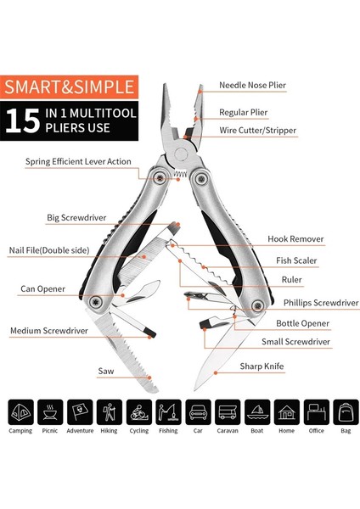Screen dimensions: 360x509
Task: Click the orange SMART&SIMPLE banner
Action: click(x=70, y=87)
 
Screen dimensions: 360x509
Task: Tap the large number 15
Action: click(x=22, y=120)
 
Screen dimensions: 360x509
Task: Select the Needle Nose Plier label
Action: click(x=252, y=86)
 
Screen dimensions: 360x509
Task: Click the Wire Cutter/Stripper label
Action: click(x=257, y=131)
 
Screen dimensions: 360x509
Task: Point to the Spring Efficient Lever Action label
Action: click(x=78, y=162)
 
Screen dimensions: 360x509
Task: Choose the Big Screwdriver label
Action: click(x=76, y=218)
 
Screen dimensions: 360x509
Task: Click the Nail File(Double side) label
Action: click(x=49, y=250)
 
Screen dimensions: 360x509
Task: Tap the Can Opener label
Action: click(x=42, y=289)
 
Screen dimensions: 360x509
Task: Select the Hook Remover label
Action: click(x=295, y=239)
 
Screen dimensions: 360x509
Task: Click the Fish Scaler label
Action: click(x=296, y=260)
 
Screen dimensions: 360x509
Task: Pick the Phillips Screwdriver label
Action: click(x=321, y=303)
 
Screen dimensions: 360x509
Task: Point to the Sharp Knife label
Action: click(x=262, y=366)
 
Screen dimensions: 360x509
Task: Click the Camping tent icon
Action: click(x=20, y=412)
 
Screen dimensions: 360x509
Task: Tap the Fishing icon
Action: click(x=168, y=412)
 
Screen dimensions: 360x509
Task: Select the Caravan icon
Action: click(x=228, y=412)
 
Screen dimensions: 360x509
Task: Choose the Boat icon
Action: click(x=257, y=412)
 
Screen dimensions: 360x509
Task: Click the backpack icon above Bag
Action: click(x=346, y=412)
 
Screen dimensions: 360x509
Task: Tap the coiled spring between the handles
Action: click(x=180, y=173)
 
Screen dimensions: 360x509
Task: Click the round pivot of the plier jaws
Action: click(x=181, y=154)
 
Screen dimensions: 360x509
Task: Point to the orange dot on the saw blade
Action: click(x=149, y=378)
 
